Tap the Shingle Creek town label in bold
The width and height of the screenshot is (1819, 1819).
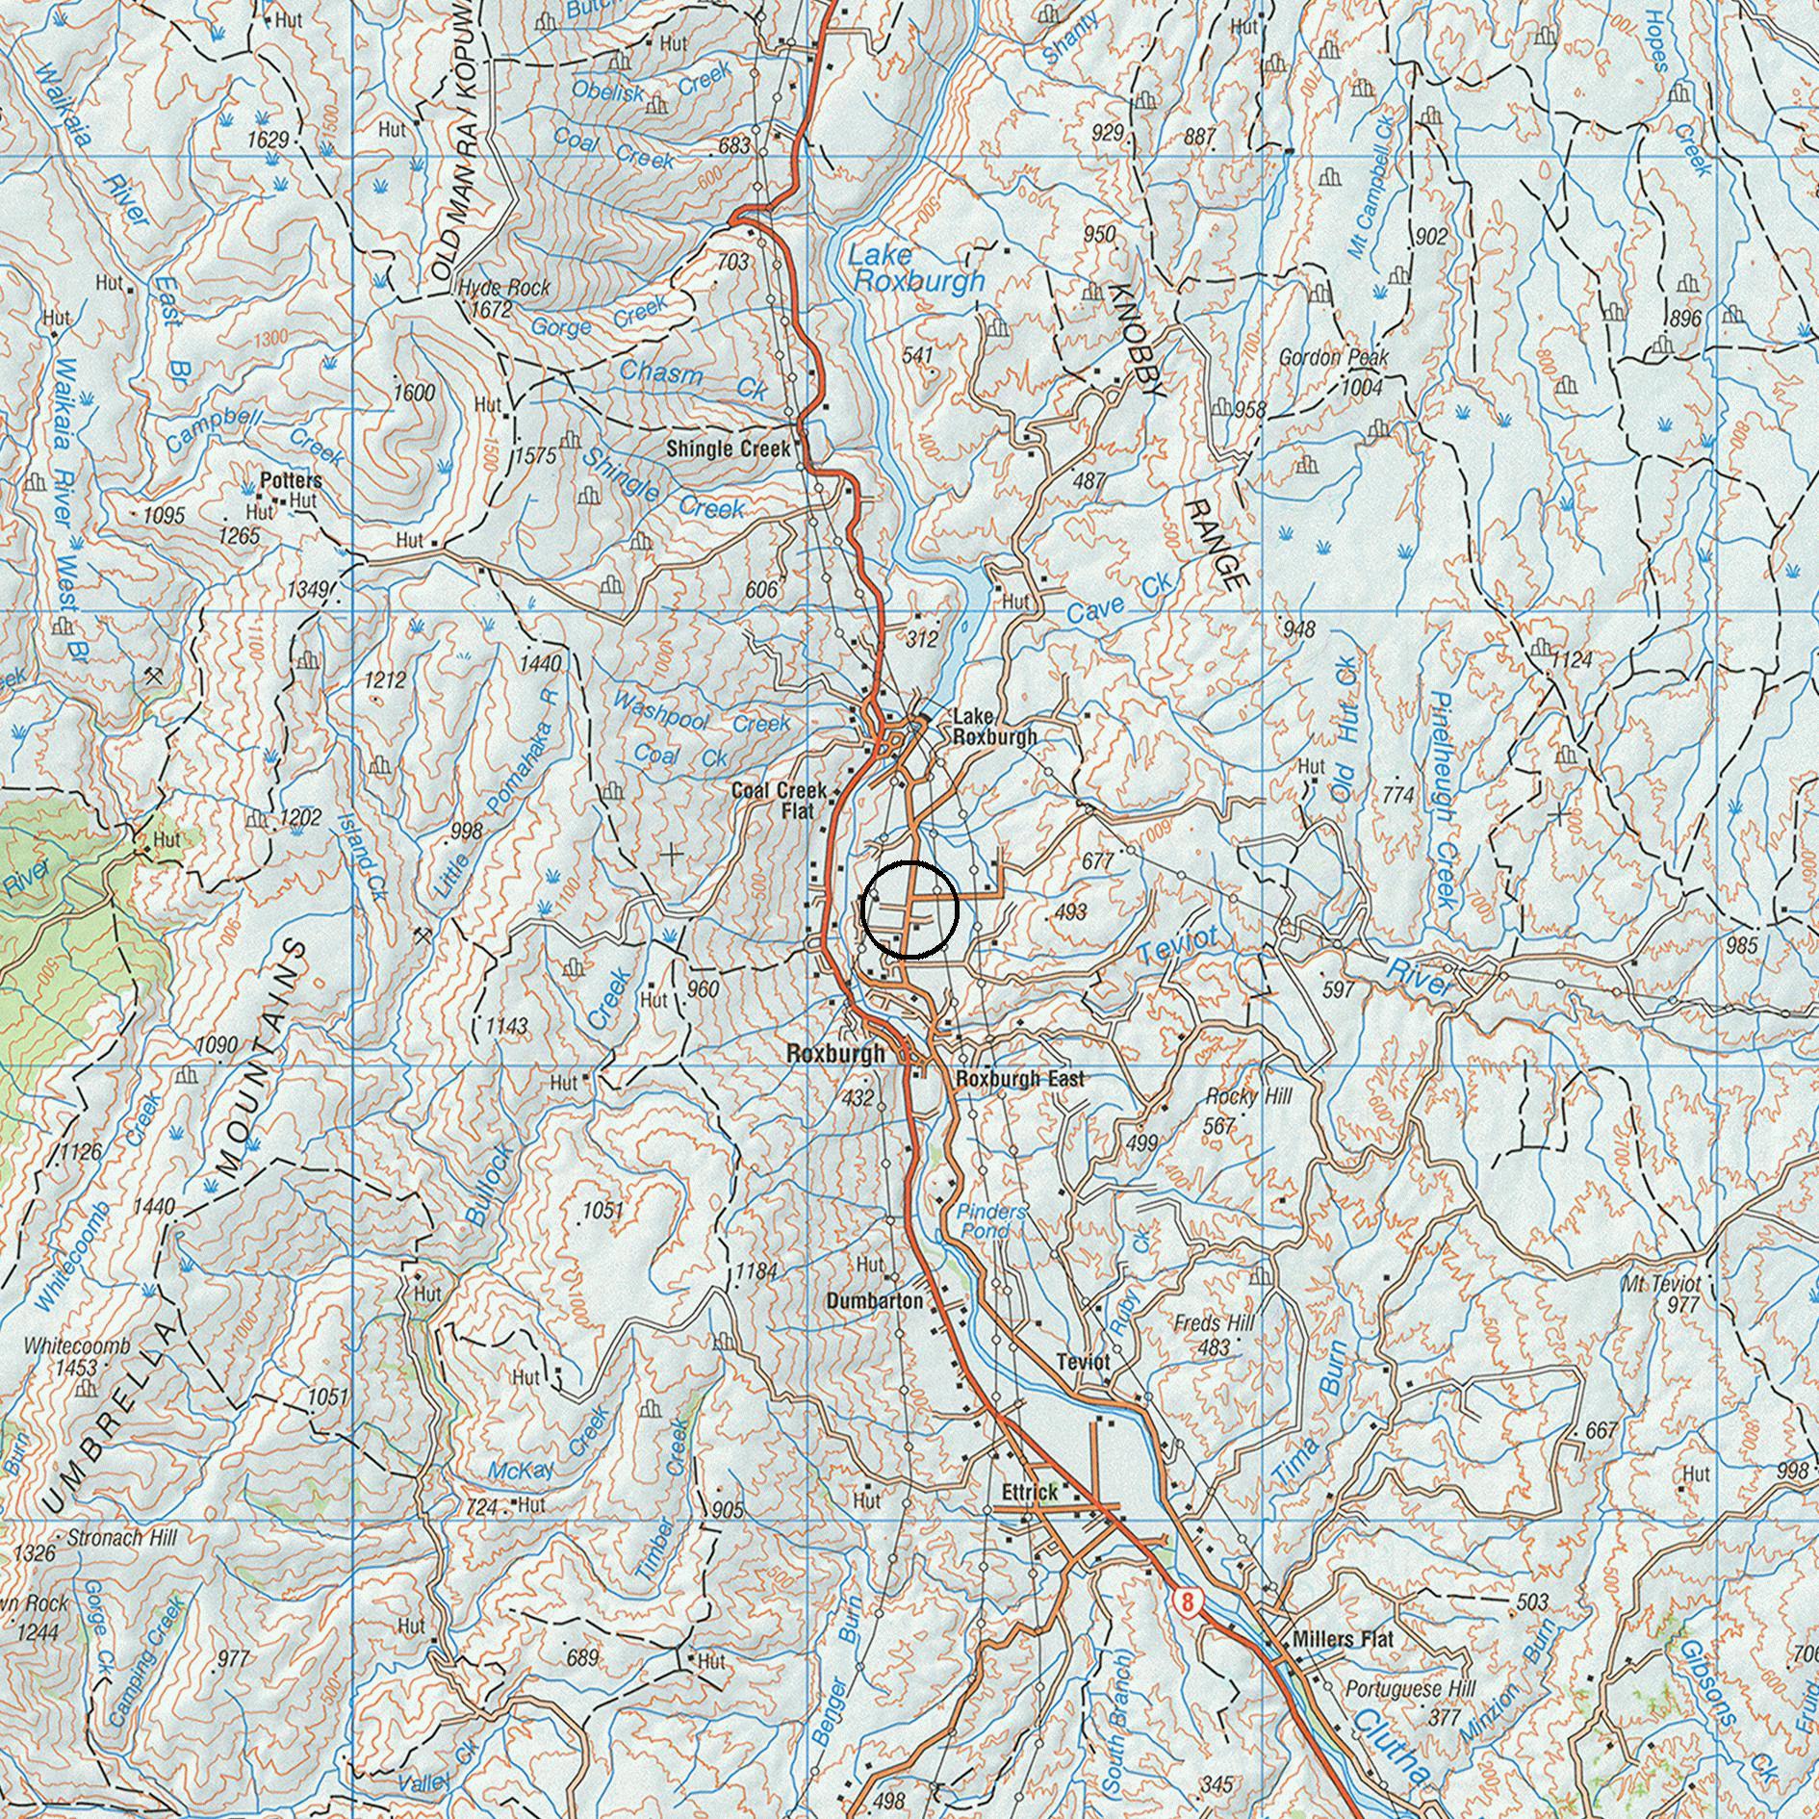(730, 448)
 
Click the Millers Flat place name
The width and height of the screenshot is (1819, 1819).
(1343, 1639)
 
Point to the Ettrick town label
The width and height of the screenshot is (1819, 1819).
(1029, 1493)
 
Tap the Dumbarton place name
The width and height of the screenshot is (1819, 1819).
(874, 1301)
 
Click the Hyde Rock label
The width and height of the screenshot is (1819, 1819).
(504, 288)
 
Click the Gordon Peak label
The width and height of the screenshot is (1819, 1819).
(1333, 358)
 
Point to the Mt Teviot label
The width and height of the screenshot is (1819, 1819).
(1661, 1284)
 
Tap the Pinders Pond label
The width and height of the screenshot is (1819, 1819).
(991, 1221)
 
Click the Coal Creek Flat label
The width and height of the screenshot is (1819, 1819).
(780, 800)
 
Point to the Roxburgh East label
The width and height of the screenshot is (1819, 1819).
(1020, 1079)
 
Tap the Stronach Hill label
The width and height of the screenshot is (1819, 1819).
(121, 1538)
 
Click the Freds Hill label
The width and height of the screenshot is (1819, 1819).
(1214, 1324)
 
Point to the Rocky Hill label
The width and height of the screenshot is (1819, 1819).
(1248, 1096)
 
